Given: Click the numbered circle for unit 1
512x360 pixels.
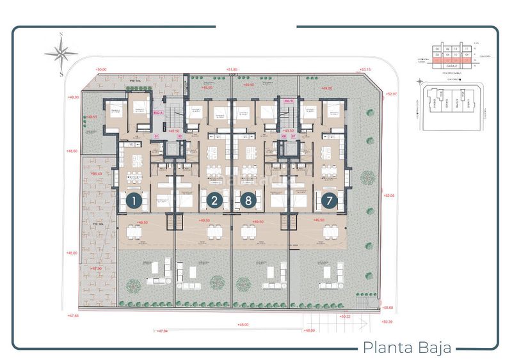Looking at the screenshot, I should click(x=133, y=201).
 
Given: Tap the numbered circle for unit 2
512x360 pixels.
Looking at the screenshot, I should click(x=214, y=201).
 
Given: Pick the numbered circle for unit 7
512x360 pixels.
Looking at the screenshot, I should click(x=330, y=201).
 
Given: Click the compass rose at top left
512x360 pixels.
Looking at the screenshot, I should click(x=61, y=52).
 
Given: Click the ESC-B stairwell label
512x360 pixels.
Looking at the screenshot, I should click(x=288, y=100).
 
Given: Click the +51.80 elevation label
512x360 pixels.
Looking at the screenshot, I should click(x=232, y=69).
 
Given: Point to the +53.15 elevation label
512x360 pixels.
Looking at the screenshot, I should click(x=365, y=69).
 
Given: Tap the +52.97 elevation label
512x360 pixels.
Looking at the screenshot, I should click(x=392, y=94).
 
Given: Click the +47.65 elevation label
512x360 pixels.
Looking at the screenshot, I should click(x=72, y=315).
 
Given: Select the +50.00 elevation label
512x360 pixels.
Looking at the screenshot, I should click(x=100, y=69).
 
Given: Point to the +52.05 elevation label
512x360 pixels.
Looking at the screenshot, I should click(x=388, y=196).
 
